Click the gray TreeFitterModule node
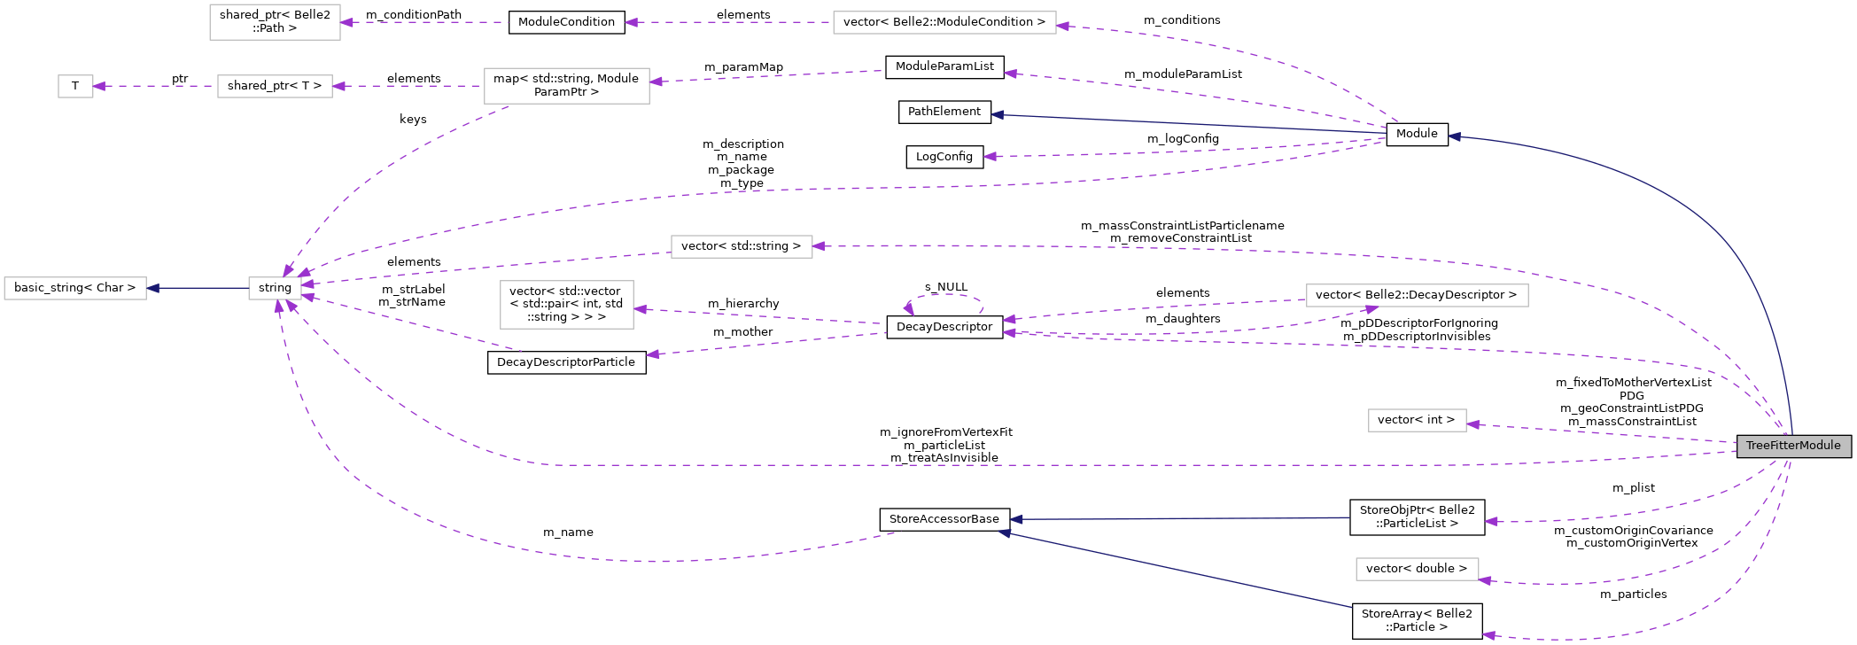click(x=1793, y=446)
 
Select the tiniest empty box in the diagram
click(x=75, y=86)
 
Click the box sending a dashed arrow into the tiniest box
click(x=275, y=86)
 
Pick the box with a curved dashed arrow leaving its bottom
click(x=566, y=86)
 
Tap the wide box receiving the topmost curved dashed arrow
click(x=944, y=23)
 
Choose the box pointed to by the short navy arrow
click(x=75, y=289)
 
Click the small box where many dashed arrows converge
click(x=275, y=289)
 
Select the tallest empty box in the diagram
click(x=566, y=305)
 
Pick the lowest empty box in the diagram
click(x=1417, y=569)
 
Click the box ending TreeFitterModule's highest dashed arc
click(x=742, y=246)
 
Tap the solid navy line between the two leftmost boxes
click(x=199, y=288)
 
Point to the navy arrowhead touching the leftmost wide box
click(x=153, y=288)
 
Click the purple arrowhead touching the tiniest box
click(x=99, y=86)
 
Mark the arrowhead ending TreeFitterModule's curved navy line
click(x=1454, y=136)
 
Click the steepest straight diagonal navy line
click(x=1178, y=571)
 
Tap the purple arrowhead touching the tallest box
click(x=641, y=309)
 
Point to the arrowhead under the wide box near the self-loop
click(x=1371, y=309)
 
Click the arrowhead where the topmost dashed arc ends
click(x=1062, y=27)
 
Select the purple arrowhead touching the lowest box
click(x=1485, y=580)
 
